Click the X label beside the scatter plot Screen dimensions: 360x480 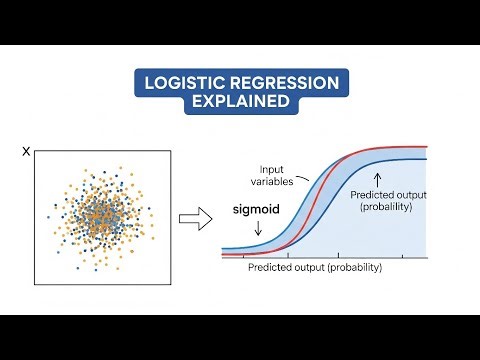tap(26, 152)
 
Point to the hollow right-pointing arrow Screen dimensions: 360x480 tap(192, 218)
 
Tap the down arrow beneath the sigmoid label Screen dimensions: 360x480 tap(257, 230)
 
